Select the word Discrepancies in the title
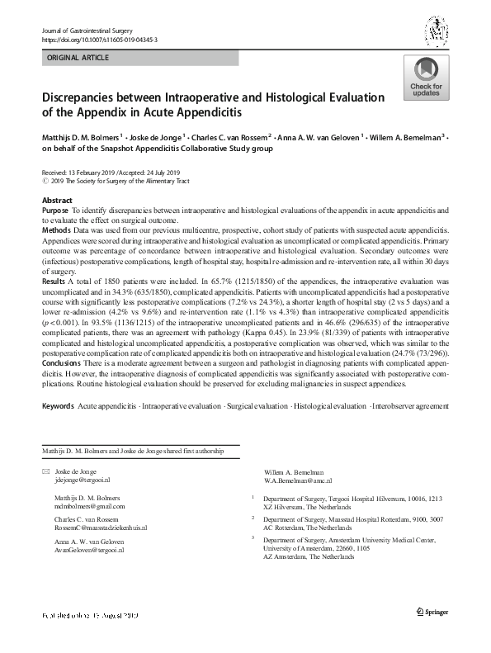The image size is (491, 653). pos(90,97)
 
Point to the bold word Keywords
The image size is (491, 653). pos(58,407)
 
